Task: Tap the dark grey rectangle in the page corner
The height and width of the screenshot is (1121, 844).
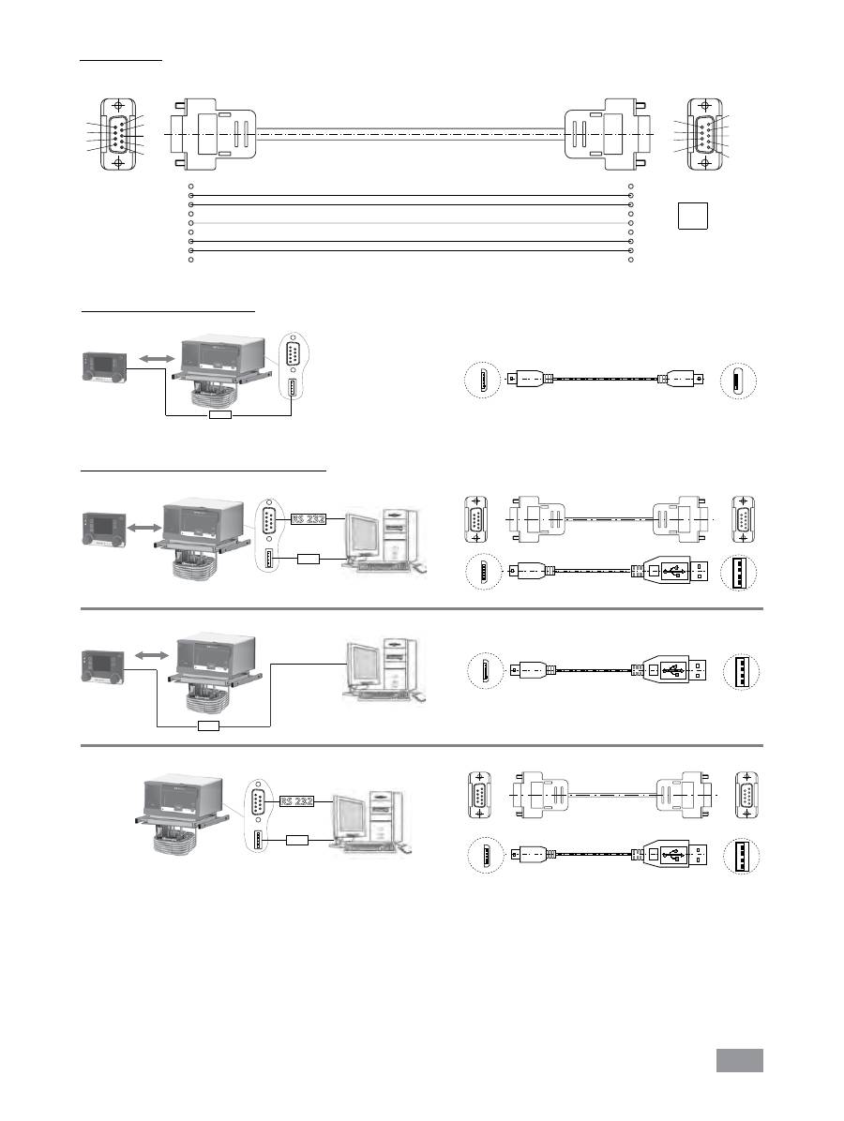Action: pos(740,1059)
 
